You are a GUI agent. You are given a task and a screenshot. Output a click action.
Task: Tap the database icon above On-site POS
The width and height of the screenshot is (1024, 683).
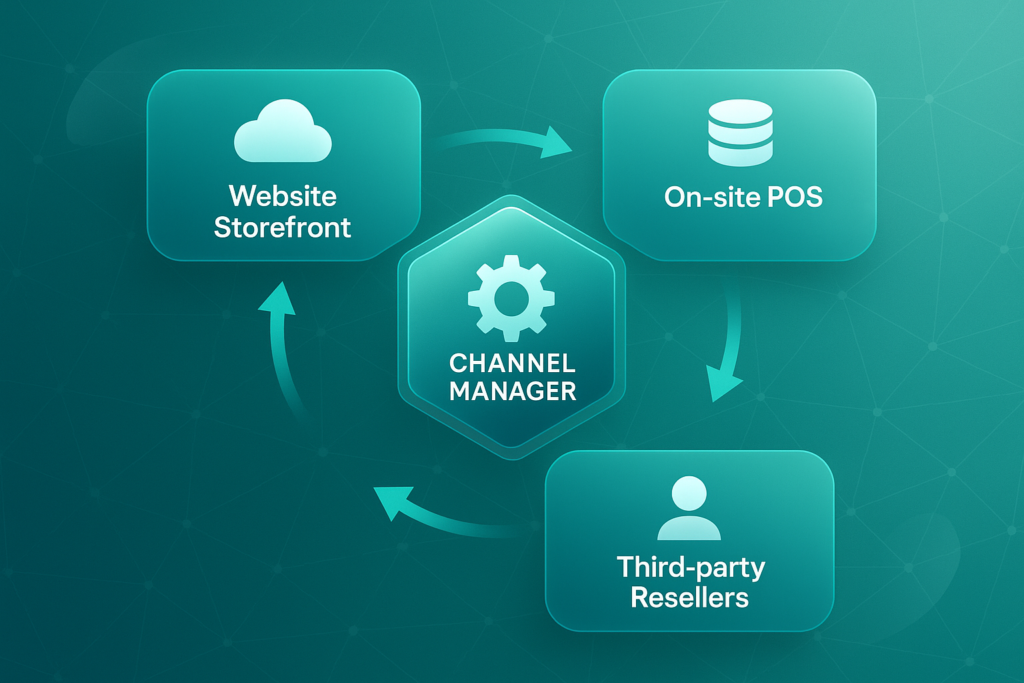click(x=740, y=133)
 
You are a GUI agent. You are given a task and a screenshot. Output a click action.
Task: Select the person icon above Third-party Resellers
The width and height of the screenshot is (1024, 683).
click(x=689, y=508)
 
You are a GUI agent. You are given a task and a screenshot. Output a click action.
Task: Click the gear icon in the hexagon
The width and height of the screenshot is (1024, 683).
click(x=511, y=298)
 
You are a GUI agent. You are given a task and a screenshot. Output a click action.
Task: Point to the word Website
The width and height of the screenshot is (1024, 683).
click(x=283, y=196)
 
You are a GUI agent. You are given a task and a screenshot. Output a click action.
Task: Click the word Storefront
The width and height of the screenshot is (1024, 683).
click(x=283, y=227)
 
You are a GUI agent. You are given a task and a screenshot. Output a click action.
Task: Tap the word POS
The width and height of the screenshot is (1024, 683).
click(x=795, y=197)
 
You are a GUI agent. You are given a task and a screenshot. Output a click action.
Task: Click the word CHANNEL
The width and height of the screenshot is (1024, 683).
click(x=512, y=363)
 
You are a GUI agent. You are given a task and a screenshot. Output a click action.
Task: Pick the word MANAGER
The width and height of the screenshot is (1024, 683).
click(x=512, y=391)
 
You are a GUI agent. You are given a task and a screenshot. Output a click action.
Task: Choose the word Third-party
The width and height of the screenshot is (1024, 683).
click(x=691, y=567)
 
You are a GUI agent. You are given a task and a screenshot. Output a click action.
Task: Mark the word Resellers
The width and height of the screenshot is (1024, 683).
click(x=689, y=598)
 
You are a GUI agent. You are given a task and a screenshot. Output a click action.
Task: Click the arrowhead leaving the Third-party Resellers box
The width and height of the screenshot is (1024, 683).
click(x=390, y=501)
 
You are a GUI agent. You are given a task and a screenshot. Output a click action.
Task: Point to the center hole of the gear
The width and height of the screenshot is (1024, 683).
click(x=511, y=298)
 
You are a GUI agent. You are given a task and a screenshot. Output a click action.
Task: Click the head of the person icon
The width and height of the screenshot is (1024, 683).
click(x=689, y=494)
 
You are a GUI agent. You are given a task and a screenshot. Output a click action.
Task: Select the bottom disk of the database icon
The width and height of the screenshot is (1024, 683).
click(x=740, y=155)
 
